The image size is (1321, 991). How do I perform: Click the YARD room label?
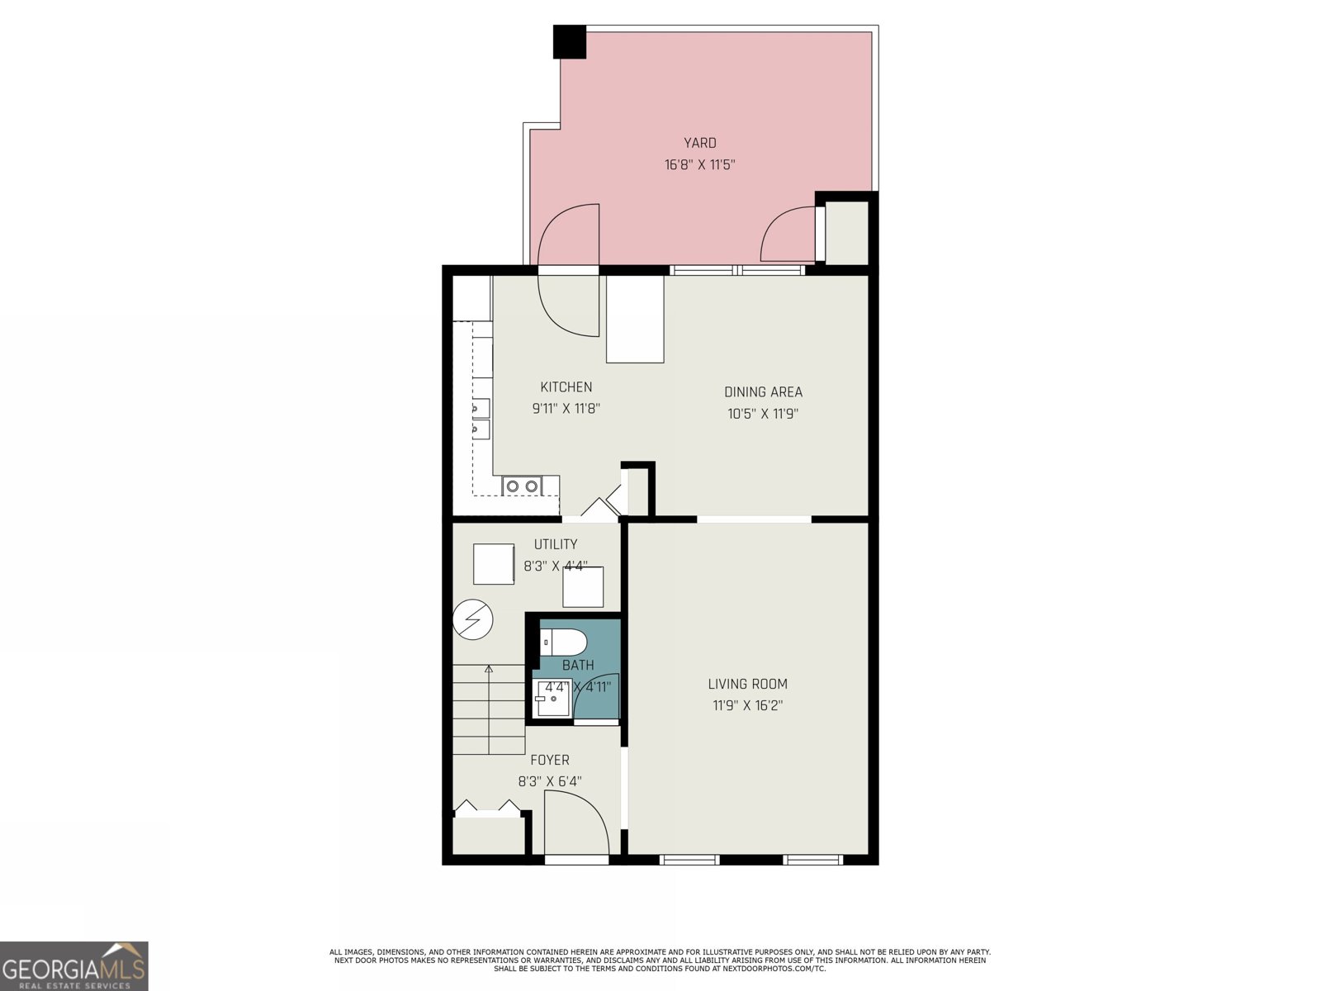(x=699, y=143)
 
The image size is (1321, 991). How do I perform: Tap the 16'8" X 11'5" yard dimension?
(x=699, y=164)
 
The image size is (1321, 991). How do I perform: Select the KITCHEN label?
(x=566, y=386)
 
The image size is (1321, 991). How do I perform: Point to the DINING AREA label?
(x=763, y=392)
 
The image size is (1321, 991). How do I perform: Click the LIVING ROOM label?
(x=747, y=684)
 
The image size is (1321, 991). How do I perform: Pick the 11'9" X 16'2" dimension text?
(x=747, y=705)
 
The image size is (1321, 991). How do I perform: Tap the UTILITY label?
(x=556, y=544)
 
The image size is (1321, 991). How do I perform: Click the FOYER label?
(x=549, y=760)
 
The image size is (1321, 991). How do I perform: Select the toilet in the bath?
(x=563, y=642)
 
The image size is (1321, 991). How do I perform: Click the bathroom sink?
(x=552, y=699)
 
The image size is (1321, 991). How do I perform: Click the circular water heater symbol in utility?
(x=473, y=619)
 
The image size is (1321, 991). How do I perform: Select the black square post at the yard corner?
(x=569, y=42)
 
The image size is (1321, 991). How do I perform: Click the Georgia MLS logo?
(x=74, y=966)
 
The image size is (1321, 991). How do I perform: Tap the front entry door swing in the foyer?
(x=576, y=822)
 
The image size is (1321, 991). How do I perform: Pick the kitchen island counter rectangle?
(x=635, y=319)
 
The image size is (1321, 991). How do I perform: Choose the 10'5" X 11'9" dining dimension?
(x=763, y=414)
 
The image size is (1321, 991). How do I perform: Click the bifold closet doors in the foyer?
(x=488, y=808)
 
